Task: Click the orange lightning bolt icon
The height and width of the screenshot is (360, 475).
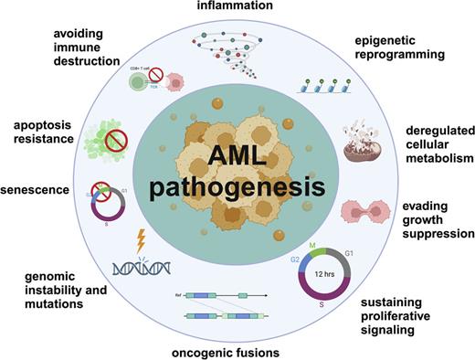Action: (142, 241)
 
